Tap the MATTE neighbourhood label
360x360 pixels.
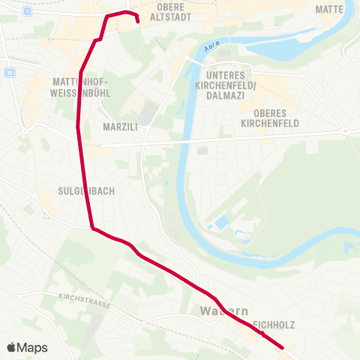click(330, 9)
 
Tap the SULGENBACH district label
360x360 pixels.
click(86, 191)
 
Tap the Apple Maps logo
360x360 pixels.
click(27, 347)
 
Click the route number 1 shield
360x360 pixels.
click(27, 12)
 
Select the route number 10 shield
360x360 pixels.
click(9, 72)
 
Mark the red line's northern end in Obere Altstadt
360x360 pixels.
click(139, 22)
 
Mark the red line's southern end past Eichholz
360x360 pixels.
click(282, 347)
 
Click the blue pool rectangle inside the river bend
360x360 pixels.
click(222, 223)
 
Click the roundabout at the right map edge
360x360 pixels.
click(346, 130)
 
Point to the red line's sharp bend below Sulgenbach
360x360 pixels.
click(92, 228)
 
